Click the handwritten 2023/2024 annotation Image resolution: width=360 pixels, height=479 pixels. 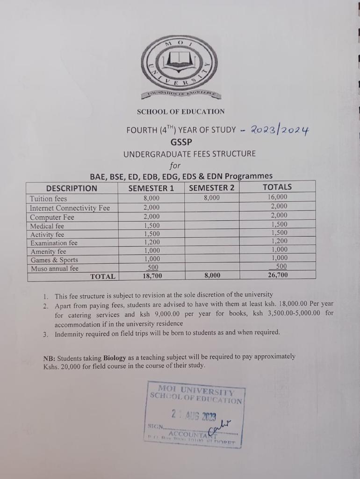pos(280,130)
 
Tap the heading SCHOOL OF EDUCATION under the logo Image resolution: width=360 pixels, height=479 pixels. pos(180,111)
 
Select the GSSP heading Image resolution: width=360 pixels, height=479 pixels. pos(180,142)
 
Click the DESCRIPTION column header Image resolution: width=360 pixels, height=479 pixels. pos(72,188)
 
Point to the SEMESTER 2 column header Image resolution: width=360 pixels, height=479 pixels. pos(211,188)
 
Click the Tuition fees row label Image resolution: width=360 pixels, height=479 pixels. pos(49,198)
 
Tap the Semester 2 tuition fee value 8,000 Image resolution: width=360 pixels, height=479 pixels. pos(211,198)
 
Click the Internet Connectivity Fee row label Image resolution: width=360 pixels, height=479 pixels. pos(70,208)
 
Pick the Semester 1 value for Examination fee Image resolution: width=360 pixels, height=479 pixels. pos(151,242)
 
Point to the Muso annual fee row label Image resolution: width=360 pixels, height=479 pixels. pos(54,269)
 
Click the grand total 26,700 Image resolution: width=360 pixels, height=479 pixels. pos(278,276)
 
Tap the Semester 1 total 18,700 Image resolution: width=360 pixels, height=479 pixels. pos(151,276)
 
